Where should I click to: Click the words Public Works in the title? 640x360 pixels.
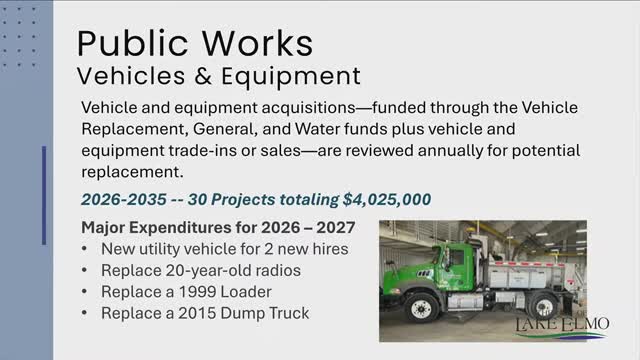click(196, 42)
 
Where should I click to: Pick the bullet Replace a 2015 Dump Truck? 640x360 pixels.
click(205, 313)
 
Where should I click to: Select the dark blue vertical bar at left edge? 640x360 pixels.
click(44, 195)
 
